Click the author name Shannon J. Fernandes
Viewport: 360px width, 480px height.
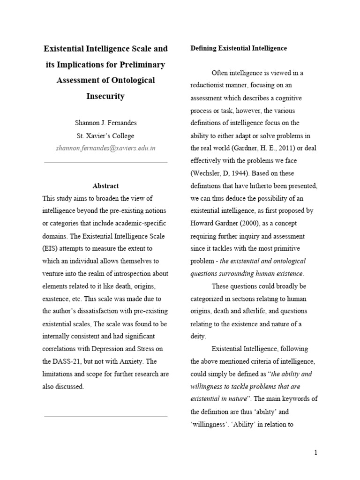pyautogui.click(x=105, y=124)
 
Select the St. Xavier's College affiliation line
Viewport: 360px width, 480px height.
pyautogui.click(x=105, y=136)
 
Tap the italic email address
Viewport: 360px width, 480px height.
pyautogui.click(x=105, y=148)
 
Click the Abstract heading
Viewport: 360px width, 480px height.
pyautogui.click(x=105, y=186)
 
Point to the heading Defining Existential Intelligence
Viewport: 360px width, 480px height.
pyautogui.click(x=238, y=48)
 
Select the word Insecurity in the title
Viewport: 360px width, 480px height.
pyautogui.click(x=105, y=96)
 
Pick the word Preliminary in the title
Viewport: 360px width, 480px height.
pyautogui.click(x=139, y=64)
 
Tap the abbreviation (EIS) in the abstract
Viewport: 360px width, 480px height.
pyautogui.click(x=51, y=248)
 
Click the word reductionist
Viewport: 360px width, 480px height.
pyautogui.click(x=211, y=85)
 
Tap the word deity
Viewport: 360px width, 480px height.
pyautogui.click(x=198, y=336)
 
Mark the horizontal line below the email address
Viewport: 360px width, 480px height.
pyautogui.click(x=105, y=163)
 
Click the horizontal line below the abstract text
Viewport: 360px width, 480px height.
pyautogui.click(x=105, y=416)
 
